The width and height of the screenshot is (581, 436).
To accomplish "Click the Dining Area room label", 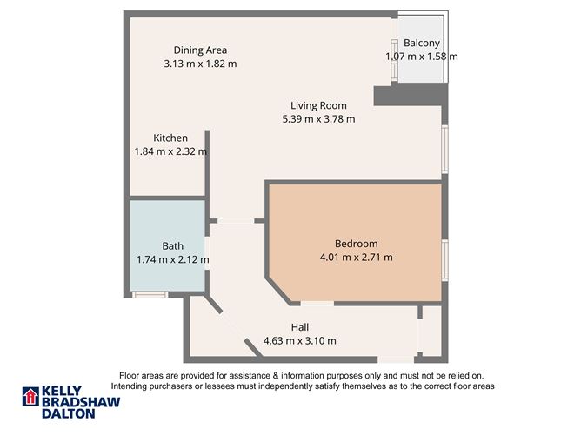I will tap(200, 50).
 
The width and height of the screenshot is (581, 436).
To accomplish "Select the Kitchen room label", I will tap(170, 138).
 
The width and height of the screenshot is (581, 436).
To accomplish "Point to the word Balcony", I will tap(422, 44).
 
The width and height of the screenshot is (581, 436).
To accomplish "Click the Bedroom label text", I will tap(357, 244).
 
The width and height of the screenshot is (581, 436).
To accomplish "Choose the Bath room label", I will tap(172, 246).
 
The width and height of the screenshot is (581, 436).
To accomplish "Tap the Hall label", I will tap(300, 327).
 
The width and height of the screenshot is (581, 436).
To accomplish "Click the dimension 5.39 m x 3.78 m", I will tap(318, 119).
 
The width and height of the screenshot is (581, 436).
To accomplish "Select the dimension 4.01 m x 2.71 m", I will tap(357, 257).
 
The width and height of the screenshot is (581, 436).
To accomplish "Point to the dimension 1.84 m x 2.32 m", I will tap(170, 151).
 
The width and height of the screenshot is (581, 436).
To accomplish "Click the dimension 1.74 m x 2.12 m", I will tap(172, 259).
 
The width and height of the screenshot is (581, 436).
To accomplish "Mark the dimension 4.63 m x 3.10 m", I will tap(300, 340).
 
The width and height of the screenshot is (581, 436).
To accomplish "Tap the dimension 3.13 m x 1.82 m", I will tap(200, 64).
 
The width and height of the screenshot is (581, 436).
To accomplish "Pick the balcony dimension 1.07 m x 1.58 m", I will tap(422, 57).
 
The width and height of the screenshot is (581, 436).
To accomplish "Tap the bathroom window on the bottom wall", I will tap(150, 295).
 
